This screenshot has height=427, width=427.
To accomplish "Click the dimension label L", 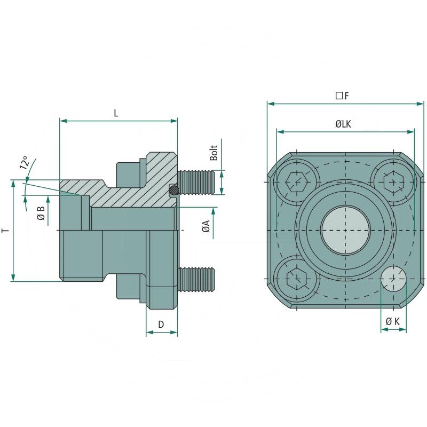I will pyautogui.click(x=116, y=113).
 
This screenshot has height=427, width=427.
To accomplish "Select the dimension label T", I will pyautogui.click(x=5, y=230).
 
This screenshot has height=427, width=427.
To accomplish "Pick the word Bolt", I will pyautogui.click(x=213, y=153).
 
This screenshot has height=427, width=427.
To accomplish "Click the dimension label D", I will pyautogui.click(x=161, y=324).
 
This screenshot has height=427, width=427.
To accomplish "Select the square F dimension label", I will pyautogui.click(x=342, y=96).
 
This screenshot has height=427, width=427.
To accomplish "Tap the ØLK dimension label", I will pyautogui.click(x=343, y=124).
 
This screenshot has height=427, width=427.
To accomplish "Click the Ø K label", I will pyautogui.click(x=393, y=321).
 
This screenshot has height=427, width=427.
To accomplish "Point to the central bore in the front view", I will pyautogui.click(x=345, y=231).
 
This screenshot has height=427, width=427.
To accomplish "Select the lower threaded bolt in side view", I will pyautogui.click(x=197, y=279).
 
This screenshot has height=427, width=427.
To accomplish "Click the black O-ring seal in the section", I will pyautogui.click(x=173, y=189).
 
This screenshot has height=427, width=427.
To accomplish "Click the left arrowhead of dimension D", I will pyautogui.click(x=149, y=333).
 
